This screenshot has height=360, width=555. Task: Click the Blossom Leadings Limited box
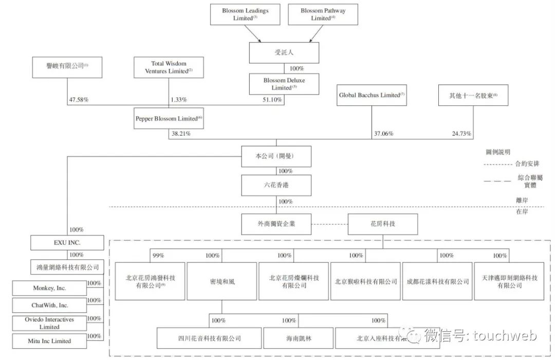245,14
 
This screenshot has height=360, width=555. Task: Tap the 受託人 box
284,52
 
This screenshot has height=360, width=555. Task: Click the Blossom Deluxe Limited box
284,84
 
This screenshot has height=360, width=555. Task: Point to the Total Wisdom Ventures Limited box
168,67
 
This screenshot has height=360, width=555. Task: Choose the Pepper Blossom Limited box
169,118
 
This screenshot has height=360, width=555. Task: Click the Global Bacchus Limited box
372,95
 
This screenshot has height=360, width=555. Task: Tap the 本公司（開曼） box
276,156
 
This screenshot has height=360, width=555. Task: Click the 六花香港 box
276,185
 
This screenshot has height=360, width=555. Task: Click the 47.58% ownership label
78,100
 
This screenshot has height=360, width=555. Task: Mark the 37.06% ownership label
383,134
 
